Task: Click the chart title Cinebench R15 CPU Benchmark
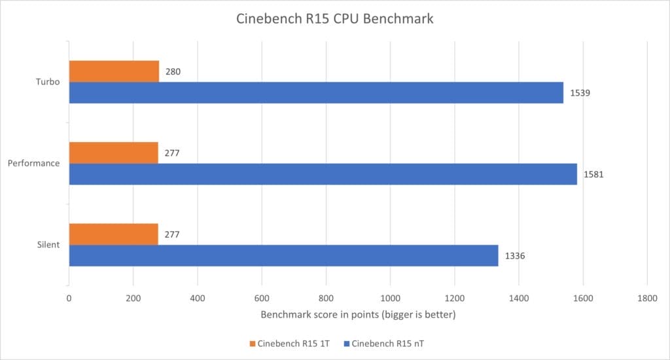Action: [x=334, y=19]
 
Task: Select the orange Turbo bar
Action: [x=114, y=71]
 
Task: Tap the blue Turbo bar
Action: [x=316, y=92]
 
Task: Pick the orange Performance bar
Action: [x=113, y=153]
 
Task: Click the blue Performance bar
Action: [x=323, y=174]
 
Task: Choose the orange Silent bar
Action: [x=113, y=234]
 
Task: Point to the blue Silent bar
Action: [x=283, y=255]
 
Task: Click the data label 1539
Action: [x=580, y=93]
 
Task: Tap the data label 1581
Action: [x=594, y=175]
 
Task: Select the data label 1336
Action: [x=514, y=256]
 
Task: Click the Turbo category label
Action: [x=48, y=82]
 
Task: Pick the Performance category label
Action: [x=35, y=164]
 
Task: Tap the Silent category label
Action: [x=48, y=245]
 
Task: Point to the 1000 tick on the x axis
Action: [x=390, y=298]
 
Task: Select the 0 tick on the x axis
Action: [x=69, y=298]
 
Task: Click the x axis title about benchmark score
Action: [x=357, y=315]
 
